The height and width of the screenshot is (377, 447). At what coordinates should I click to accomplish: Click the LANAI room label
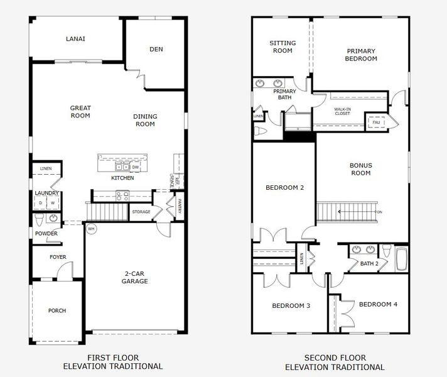(x=75, y=39)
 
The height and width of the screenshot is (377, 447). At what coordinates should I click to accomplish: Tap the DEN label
(x=156, y=50)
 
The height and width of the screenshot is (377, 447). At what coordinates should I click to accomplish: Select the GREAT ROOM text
(x=80, y=112)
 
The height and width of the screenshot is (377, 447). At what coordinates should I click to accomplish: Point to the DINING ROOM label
(x=145, y=120)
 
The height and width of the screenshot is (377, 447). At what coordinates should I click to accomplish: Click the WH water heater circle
(x=90, y=228)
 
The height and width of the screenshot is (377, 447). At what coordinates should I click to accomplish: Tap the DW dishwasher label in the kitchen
(x=135, y=167)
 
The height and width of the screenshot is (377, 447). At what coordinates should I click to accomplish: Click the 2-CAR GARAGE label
(x=135, y=277)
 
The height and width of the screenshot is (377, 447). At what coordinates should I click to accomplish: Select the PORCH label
(x=57, y=310)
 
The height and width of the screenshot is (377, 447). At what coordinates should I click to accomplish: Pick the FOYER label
(x=58, y=257)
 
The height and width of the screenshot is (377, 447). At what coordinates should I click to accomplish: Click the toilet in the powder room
(x=40, y=219)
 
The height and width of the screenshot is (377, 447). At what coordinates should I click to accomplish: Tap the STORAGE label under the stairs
(x=141, y=212)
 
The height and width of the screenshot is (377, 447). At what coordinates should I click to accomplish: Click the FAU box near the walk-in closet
(x=377, y=122)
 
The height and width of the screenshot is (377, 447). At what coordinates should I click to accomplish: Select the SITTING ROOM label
(x=282, y=47)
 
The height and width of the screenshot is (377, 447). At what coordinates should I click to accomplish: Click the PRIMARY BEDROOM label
(x=361, y=55)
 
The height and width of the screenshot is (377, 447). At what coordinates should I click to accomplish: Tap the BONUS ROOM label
(x=361, y=169)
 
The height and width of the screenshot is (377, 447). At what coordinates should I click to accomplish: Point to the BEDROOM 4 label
(x=378, y=304)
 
